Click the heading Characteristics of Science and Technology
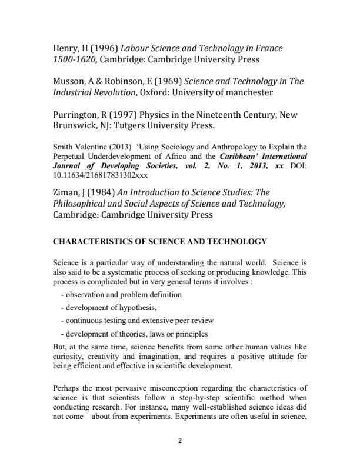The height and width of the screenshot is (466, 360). coord(160,241)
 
